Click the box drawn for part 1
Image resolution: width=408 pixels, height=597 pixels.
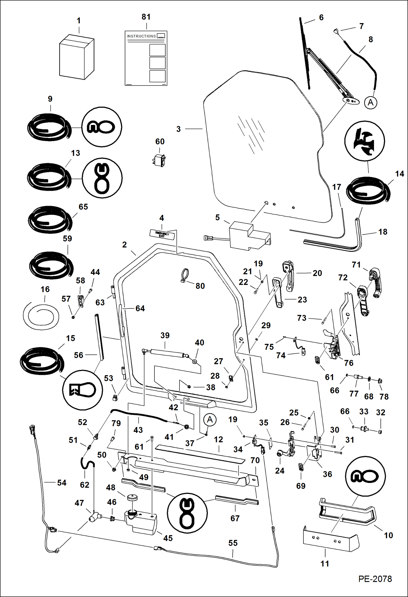pos(77,57)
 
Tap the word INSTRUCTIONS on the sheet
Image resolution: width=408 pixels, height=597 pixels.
pos(141,36)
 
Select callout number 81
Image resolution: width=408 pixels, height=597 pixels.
pos(146,17)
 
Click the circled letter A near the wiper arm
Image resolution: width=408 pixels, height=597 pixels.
pos(370,103)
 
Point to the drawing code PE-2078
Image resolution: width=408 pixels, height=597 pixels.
pos(375,578)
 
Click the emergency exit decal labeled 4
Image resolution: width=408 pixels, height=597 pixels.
pos(162,234)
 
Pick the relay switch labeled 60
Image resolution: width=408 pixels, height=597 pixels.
pos(159,160)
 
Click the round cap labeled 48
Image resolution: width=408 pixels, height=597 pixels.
pos(132,497)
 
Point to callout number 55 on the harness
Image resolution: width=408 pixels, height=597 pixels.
pos(233,543)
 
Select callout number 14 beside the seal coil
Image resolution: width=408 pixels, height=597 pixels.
pos(399,174)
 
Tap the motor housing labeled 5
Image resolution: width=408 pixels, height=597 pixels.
pos(248,235)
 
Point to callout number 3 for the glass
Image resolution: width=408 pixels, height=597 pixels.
pos(178,129)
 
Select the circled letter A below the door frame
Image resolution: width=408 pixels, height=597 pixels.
pos(210,420)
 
